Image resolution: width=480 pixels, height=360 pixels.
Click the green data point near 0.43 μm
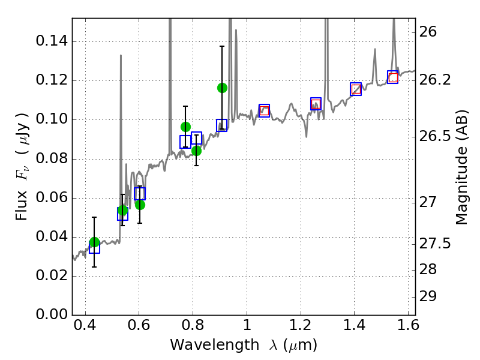click(94, 242)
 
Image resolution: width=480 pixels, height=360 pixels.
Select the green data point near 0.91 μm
click(222, 88)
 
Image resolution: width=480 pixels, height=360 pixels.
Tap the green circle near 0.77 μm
click(185, 127)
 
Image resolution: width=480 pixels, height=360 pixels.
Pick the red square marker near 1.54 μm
click(393, 77)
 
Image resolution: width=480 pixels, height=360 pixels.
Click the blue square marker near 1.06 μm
click(264, 110)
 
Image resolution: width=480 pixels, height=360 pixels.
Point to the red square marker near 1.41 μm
click(356, 89)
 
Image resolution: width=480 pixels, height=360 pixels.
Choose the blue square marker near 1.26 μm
click(316, 103)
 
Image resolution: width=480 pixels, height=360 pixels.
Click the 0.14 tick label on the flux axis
click(52, 41)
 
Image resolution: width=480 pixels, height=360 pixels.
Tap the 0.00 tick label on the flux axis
click(52, 315)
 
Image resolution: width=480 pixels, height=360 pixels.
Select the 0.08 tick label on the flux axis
click(52, 159)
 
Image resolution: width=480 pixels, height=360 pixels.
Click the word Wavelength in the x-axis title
click(204, 345)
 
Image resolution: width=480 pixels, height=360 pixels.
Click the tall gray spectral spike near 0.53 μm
click(121, 90)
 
